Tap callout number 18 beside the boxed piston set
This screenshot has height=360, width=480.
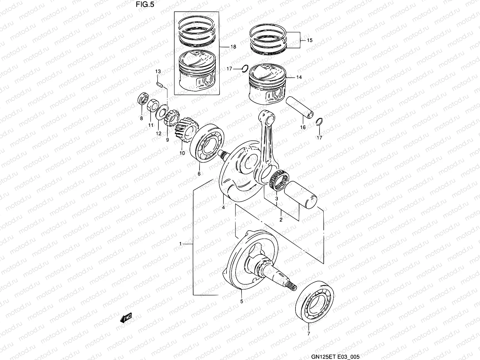coord(233,47)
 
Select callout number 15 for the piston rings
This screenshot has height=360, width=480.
coord(310,40)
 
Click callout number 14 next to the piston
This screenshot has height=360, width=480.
coord(299,77)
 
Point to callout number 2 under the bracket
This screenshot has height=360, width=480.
coord(281,220)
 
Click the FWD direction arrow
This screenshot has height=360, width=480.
coord(126,318)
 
